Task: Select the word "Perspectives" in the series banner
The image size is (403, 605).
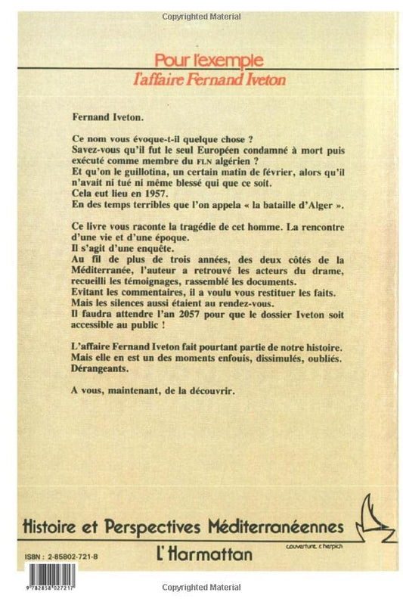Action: click(179, 526)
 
